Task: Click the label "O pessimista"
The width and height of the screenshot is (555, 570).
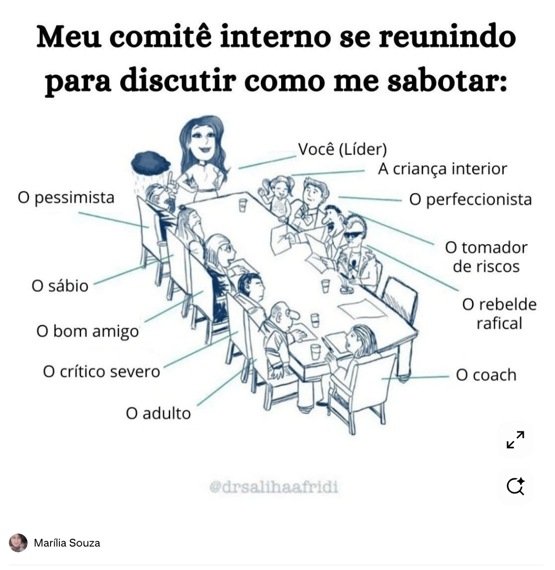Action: [66, 198]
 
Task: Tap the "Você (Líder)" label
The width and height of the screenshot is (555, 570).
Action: [342, 150]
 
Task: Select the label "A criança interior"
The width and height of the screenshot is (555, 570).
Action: [442, 169]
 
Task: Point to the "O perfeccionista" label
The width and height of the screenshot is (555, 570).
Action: [470, 200]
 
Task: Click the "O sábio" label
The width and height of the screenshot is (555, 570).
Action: [60, 286]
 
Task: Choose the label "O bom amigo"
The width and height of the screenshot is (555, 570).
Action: [87, 331]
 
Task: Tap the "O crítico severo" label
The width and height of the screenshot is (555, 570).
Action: [102, 371]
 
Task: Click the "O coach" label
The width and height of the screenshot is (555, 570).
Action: [486, 375]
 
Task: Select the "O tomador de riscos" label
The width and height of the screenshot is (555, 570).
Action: [486, 256]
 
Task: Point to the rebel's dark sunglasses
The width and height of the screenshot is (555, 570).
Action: [351, 235]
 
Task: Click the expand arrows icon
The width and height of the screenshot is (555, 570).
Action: [515, 440]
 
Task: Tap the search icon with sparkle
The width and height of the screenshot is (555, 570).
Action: [515, 486]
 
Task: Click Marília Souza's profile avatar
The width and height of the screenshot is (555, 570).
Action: [18, 543]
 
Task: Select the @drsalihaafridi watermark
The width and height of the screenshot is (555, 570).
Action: [273, 487]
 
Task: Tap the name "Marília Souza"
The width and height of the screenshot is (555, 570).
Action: [67, 543]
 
